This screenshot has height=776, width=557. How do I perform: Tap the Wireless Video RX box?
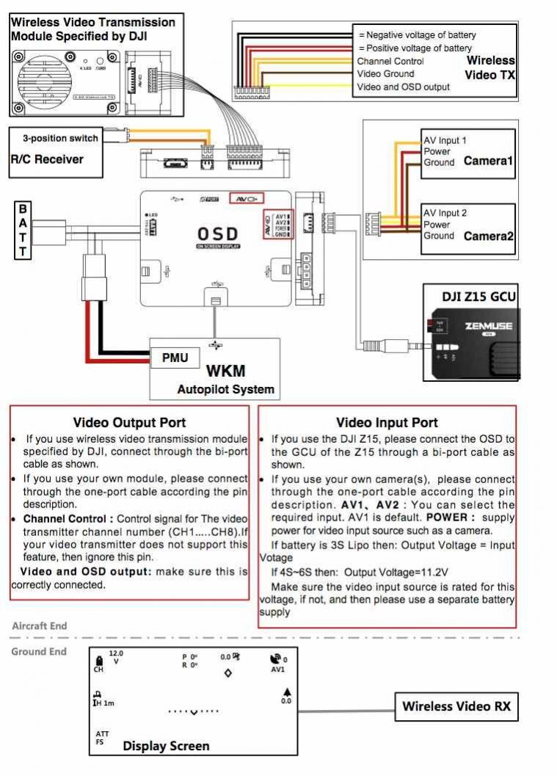click(x=456, y=707)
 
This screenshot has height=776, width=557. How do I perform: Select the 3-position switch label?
click(x=54, y=139)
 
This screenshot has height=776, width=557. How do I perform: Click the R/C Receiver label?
click(x=47, y=159)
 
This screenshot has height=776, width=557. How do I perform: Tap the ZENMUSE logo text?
click(x=488, y=325)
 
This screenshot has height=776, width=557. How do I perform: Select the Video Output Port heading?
click(x=129, y=422)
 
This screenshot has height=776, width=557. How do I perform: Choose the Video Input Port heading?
click(x=387, y=422)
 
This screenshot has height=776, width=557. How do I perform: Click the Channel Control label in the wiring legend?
click(x=390, y=61)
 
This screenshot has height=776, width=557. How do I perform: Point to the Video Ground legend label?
click(x=385, y=73)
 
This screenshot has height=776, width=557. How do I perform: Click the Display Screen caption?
click(x=166, y=746)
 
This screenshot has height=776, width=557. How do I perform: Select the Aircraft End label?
click(x=39, y=625)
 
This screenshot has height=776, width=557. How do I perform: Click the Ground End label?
click(x=38, y=651)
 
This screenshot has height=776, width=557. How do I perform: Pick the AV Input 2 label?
click(x=445, y=213)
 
